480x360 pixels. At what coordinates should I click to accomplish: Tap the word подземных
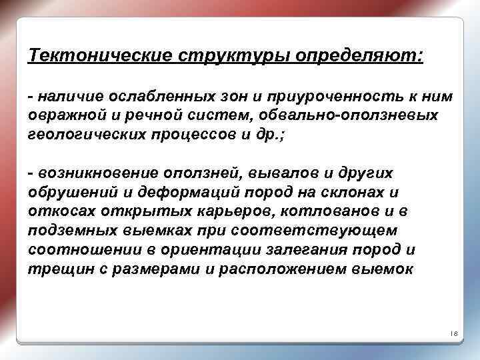[x=70, y=230]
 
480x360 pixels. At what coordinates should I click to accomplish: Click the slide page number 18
[x=453, y=333]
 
